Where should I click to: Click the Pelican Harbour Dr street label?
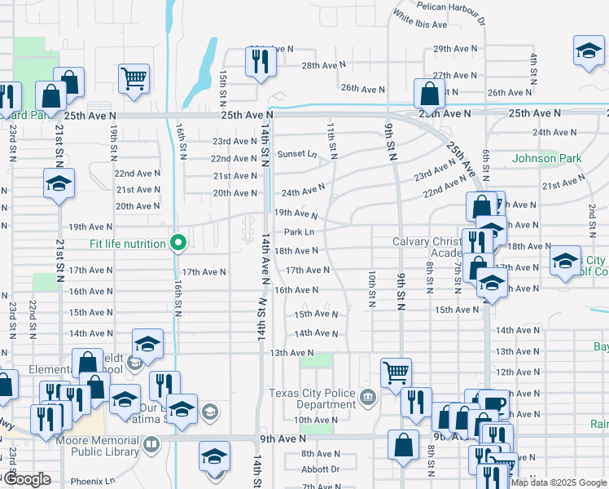(x=450, y=6)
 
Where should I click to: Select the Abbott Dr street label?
(x=320, y=469)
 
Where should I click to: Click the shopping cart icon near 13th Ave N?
(x=396, y=372)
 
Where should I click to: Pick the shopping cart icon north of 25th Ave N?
(x=134, y=78)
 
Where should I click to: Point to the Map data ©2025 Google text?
(x=558, y=482)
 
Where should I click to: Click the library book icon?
(x=151, y=445)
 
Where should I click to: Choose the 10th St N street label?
(x=371, y=290)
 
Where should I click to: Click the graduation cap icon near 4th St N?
(x=588, y=51)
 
